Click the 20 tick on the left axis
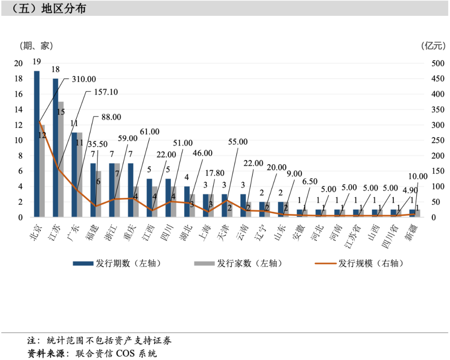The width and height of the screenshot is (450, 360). (x=18, y=63)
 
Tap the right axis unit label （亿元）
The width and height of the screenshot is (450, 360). (x=433, y=45)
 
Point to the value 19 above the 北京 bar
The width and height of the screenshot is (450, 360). (x=37, y=62)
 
